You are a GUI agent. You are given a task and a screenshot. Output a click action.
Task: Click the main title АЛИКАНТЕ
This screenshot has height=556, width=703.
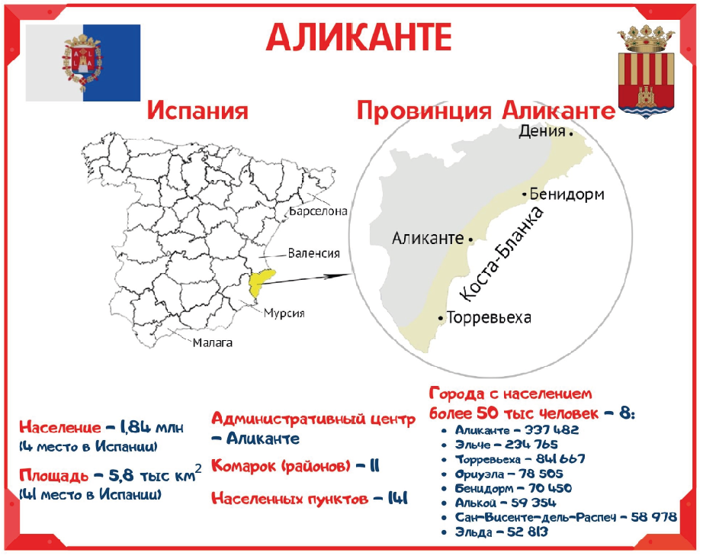tap(358, 37)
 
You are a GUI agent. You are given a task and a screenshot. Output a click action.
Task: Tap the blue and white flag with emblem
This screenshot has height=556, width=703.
tap(83, 63)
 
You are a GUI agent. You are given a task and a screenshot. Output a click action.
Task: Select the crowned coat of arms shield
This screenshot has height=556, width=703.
tap(646, 72)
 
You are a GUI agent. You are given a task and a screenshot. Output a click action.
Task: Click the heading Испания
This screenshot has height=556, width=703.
tap(197, 111)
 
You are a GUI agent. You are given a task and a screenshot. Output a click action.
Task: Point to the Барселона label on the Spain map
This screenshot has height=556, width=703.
tap(318, 211)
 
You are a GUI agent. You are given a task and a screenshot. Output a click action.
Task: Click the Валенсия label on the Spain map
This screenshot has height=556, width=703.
tap(314, 253)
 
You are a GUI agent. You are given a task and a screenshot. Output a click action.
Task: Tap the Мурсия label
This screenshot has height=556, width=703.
tap(284, 313)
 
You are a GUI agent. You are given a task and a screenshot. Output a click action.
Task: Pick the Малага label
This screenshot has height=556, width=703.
tap(213, 343)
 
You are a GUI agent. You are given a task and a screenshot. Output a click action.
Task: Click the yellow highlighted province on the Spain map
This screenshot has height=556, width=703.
tap(260, 282)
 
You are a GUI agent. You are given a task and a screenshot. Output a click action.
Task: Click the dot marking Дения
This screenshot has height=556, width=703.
tap(571, 133)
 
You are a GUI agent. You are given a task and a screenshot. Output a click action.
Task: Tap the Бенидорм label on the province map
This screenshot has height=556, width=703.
tap(567, 194)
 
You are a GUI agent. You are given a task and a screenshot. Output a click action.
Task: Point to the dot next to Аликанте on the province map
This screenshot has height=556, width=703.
tap(470, 240)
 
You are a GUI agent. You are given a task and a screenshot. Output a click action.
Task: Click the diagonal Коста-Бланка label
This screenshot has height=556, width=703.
tap(502, 253)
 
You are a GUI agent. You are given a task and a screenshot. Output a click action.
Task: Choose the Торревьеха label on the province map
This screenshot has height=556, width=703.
tap(489, 317)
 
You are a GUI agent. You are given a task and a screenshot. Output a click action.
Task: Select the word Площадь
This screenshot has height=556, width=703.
tap(54, 475)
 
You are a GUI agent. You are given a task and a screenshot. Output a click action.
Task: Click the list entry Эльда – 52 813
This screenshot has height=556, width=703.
tap(501, 532)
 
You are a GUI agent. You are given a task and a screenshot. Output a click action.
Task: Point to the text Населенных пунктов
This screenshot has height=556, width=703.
tap(290, 498)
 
